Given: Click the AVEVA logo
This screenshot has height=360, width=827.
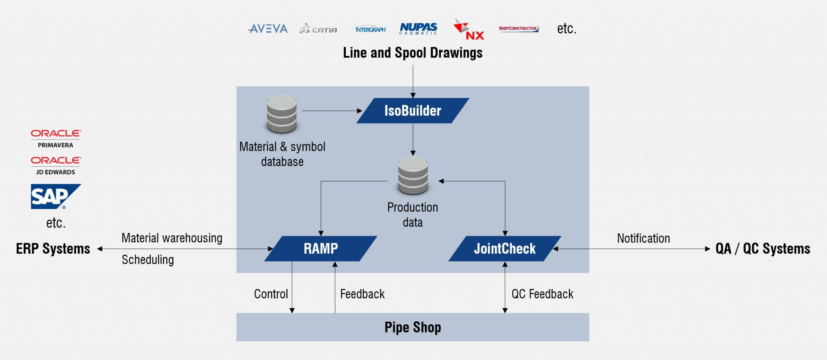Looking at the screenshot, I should click(x=268, y=29).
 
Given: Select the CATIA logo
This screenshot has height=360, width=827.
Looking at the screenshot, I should click(x=318, y=29).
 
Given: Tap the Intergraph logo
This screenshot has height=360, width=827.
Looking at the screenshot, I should click(x=370, y=29).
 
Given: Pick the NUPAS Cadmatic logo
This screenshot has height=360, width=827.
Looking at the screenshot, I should click(x=418, y=28).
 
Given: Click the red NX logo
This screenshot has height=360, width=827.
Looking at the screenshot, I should click(x=469, y=30).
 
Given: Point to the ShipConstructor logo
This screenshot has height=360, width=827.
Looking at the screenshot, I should click(x=518, y=29).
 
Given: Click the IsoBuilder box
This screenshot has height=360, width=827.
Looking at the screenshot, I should click(x=413, y=111).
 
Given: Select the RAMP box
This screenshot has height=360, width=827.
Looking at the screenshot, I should click(x=321, y=249).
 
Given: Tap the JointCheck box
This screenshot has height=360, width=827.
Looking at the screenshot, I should click(x=505, y=249).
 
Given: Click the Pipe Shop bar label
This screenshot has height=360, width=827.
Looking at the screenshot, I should click(x=413, y=327).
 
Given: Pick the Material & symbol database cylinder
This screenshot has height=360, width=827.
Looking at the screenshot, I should click(x=282, y=114).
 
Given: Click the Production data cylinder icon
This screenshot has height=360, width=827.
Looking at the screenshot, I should click(x=413, y=176).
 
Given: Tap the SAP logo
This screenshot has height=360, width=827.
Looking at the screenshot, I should click(x=55, y=197).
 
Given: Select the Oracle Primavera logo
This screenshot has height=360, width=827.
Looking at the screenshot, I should click(x=56, y=138).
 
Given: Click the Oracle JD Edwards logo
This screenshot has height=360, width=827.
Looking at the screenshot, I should click(x=56, y=165).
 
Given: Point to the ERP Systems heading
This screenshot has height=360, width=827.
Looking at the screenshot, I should click(x=53, y=249).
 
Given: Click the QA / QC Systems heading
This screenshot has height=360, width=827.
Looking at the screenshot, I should click(x=762, y=249).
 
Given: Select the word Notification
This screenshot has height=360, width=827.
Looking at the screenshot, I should click(x=643, y=239).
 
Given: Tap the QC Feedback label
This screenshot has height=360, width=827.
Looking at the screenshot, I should click(x=542, y=294).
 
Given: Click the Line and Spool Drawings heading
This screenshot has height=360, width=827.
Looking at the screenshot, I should click(x=413, y=53).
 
